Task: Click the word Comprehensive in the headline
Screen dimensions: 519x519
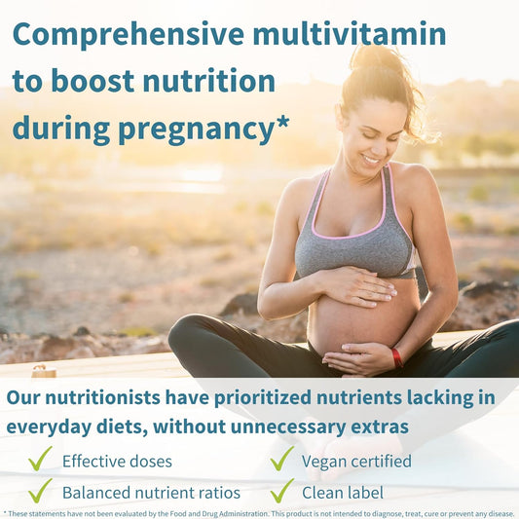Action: pos(127,35)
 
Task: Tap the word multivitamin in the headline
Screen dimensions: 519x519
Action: pos(350,35)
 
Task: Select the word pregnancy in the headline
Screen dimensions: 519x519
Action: pos(201,129)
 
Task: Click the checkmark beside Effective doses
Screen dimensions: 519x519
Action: pos(40,460)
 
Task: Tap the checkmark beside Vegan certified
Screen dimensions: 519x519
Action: pos(281,460)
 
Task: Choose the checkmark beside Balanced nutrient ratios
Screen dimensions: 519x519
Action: pos(40,491)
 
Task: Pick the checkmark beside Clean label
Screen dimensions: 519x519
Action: pos(281,491)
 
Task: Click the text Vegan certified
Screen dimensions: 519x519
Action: pos(356,461)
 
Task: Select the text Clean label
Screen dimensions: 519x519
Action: pos(342,492)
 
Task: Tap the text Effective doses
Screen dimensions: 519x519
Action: pos(118,461)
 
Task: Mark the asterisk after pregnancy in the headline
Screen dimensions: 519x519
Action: pos(283,121)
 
